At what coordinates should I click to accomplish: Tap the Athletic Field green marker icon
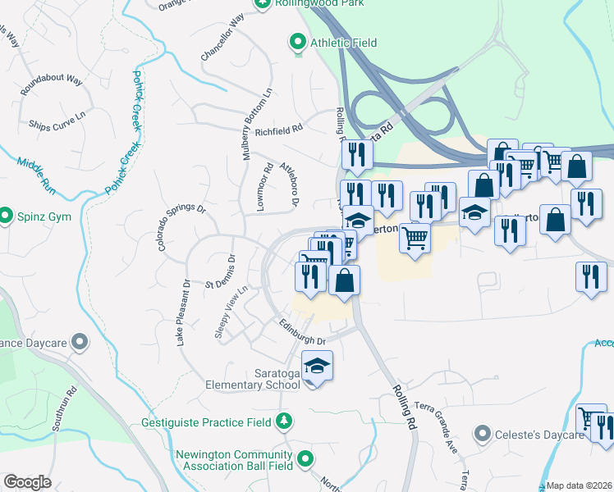coord(297,41)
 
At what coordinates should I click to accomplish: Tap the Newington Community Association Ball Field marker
coord(305,458)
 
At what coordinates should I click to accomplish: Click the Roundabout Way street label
coord(52,85)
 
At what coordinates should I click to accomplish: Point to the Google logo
coord(26,482)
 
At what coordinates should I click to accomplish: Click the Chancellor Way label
coord(223,39)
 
